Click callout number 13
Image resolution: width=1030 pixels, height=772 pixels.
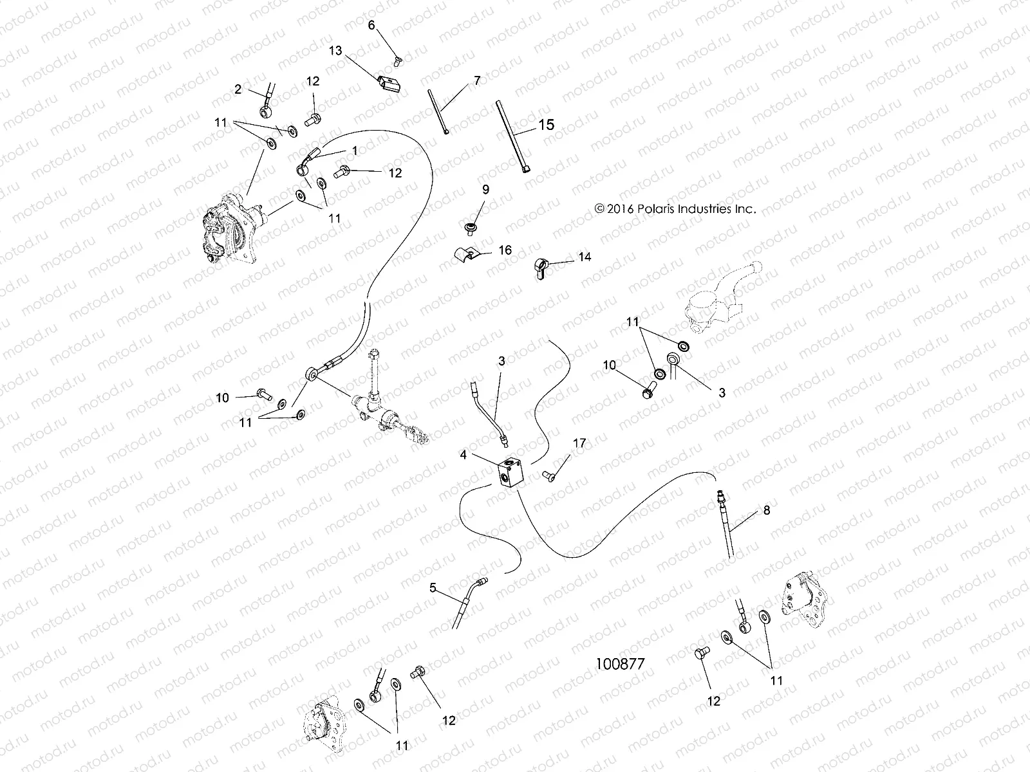coord(335,50)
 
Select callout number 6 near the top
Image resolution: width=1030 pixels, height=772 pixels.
coord(371,25)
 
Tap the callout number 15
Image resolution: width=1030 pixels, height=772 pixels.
coord(546,124)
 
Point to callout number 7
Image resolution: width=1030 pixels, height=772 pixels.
coord(476,80)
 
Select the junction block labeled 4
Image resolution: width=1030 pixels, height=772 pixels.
coord(512,475)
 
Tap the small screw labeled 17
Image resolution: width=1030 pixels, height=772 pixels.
coord(552,475)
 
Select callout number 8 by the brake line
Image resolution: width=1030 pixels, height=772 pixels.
coord(766,510)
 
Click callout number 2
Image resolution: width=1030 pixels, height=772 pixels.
coord(238,89)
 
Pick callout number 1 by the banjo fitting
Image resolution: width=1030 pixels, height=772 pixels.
coord(354,149)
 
